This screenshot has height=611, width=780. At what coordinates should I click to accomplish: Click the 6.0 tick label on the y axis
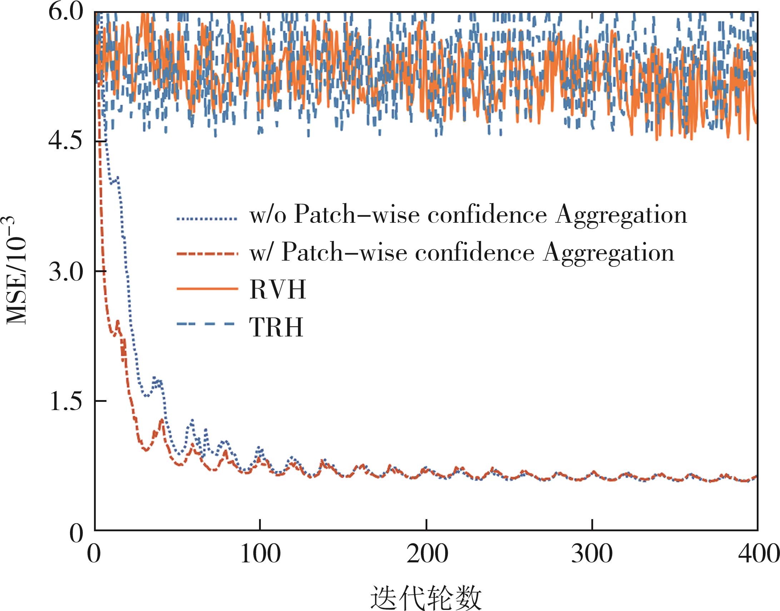point(65,13)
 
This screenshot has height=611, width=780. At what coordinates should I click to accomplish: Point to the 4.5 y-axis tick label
point(65,142)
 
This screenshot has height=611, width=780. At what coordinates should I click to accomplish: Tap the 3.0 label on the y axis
point(65,271)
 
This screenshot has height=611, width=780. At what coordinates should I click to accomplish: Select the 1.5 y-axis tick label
point(65,401)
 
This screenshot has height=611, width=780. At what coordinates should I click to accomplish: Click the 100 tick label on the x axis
point(260,554)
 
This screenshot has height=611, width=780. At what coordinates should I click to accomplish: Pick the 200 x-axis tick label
point(427,554)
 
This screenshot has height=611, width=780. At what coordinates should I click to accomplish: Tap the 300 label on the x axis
point(592,554)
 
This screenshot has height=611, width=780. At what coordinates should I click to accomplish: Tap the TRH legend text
point(276,327)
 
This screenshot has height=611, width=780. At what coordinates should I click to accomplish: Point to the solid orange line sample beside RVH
point(207,288)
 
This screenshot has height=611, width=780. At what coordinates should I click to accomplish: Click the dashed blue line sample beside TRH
point(206,324)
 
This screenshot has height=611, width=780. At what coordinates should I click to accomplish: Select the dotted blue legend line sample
point(207,218)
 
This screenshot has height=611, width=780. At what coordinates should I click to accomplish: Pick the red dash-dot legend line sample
point(207,254)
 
